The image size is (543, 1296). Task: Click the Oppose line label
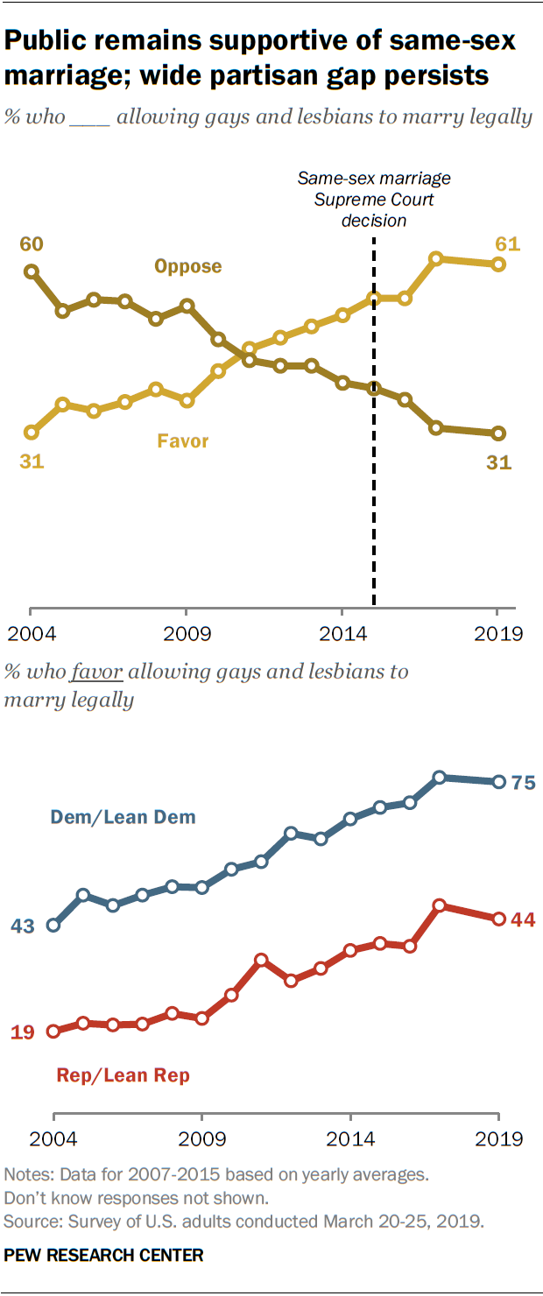[187, 266]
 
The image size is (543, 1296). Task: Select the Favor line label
[183, 440]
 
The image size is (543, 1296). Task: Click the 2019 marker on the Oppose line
[498, 433]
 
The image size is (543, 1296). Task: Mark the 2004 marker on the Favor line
[32, 433]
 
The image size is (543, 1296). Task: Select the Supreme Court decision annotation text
[374, 199]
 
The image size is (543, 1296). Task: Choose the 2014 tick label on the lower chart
[350, 1139]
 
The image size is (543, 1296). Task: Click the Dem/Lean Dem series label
[123, 818]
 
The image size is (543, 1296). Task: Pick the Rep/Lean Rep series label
[123, 1075]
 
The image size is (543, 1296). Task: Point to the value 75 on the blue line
[523, 783]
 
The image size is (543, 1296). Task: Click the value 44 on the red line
[523, 919]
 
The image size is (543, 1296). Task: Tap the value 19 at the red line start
[23, 1032]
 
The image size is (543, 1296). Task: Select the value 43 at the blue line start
[23, 926]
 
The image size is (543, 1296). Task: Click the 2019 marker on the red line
[498, 919]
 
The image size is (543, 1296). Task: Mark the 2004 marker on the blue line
[53, 925]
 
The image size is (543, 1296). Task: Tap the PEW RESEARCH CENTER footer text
[103, 1255]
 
